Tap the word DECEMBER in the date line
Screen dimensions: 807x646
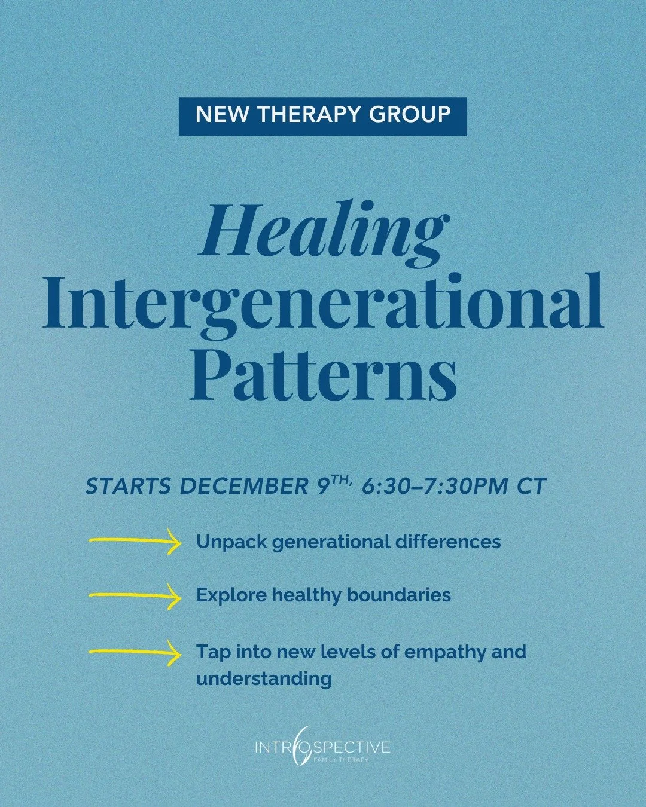243,487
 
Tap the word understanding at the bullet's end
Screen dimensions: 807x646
264,678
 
